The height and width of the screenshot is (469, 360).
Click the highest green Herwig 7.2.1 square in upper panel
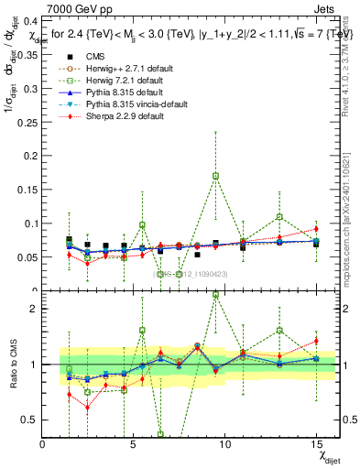coord(215,175)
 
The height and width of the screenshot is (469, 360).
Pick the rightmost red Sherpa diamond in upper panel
coord(315,229)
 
